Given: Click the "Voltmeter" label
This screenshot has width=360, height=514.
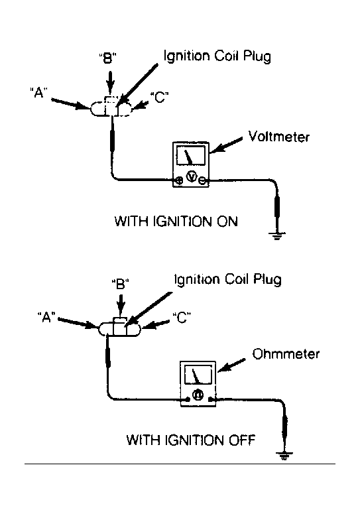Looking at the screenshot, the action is [278, 137].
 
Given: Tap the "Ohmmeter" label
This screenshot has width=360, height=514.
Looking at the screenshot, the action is [286, 354].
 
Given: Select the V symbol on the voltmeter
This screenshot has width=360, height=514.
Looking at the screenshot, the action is [192, 177].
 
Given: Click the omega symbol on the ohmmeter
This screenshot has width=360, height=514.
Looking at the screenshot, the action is [198, 395].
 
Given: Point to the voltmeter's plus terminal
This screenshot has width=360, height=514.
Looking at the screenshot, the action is [179, 180].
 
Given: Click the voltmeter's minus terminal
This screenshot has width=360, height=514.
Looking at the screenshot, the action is [203, 180].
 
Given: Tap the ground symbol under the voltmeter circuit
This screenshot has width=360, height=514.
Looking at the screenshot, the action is [277, 235].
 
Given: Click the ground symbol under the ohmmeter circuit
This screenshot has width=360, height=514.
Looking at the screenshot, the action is [284, 456].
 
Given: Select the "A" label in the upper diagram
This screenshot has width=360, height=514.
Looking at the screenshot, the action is [38, 93].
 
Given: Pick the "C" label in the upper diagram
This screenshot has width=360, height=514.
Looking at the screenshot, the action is [160, 97].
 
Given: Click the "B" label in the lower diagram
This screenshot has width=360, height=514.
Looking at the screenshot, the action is [120, 284].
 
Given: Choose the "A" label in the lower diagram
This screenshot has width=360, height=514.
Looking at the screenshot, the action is [46, 317].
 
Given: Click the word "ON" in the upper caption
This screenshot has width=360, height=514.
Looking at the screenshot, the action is [227, 222].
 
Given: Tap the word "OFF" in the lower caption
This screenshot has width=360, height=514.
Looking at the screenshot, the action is [241, 440].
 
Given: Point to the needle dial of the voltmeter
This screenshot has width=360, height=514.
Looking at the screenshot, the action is [191, 155].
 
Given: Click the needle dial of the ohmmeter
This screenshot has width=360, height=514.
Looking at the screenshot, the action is [198, 374].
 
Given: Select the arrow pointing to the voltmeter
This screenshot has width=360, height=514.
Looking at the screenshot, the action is [226, 145].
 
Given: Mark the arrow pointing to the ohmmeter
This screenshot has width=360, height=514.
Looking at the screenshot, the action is [231, 365].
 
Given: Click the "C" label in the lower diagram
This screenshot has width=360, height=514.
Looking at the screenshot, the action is [182, 317].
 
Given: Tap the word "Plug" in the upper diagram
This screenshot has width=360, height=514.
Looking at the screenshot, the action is [257, 57].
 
